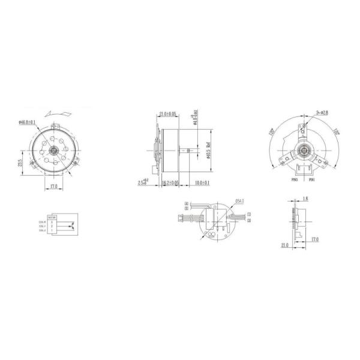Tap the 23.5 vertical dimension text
20,163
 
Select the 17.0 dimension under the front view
54,186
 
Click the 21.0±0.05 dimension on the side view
168,113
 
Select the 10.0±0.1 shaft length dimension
200,182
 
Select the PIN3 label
295,179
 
